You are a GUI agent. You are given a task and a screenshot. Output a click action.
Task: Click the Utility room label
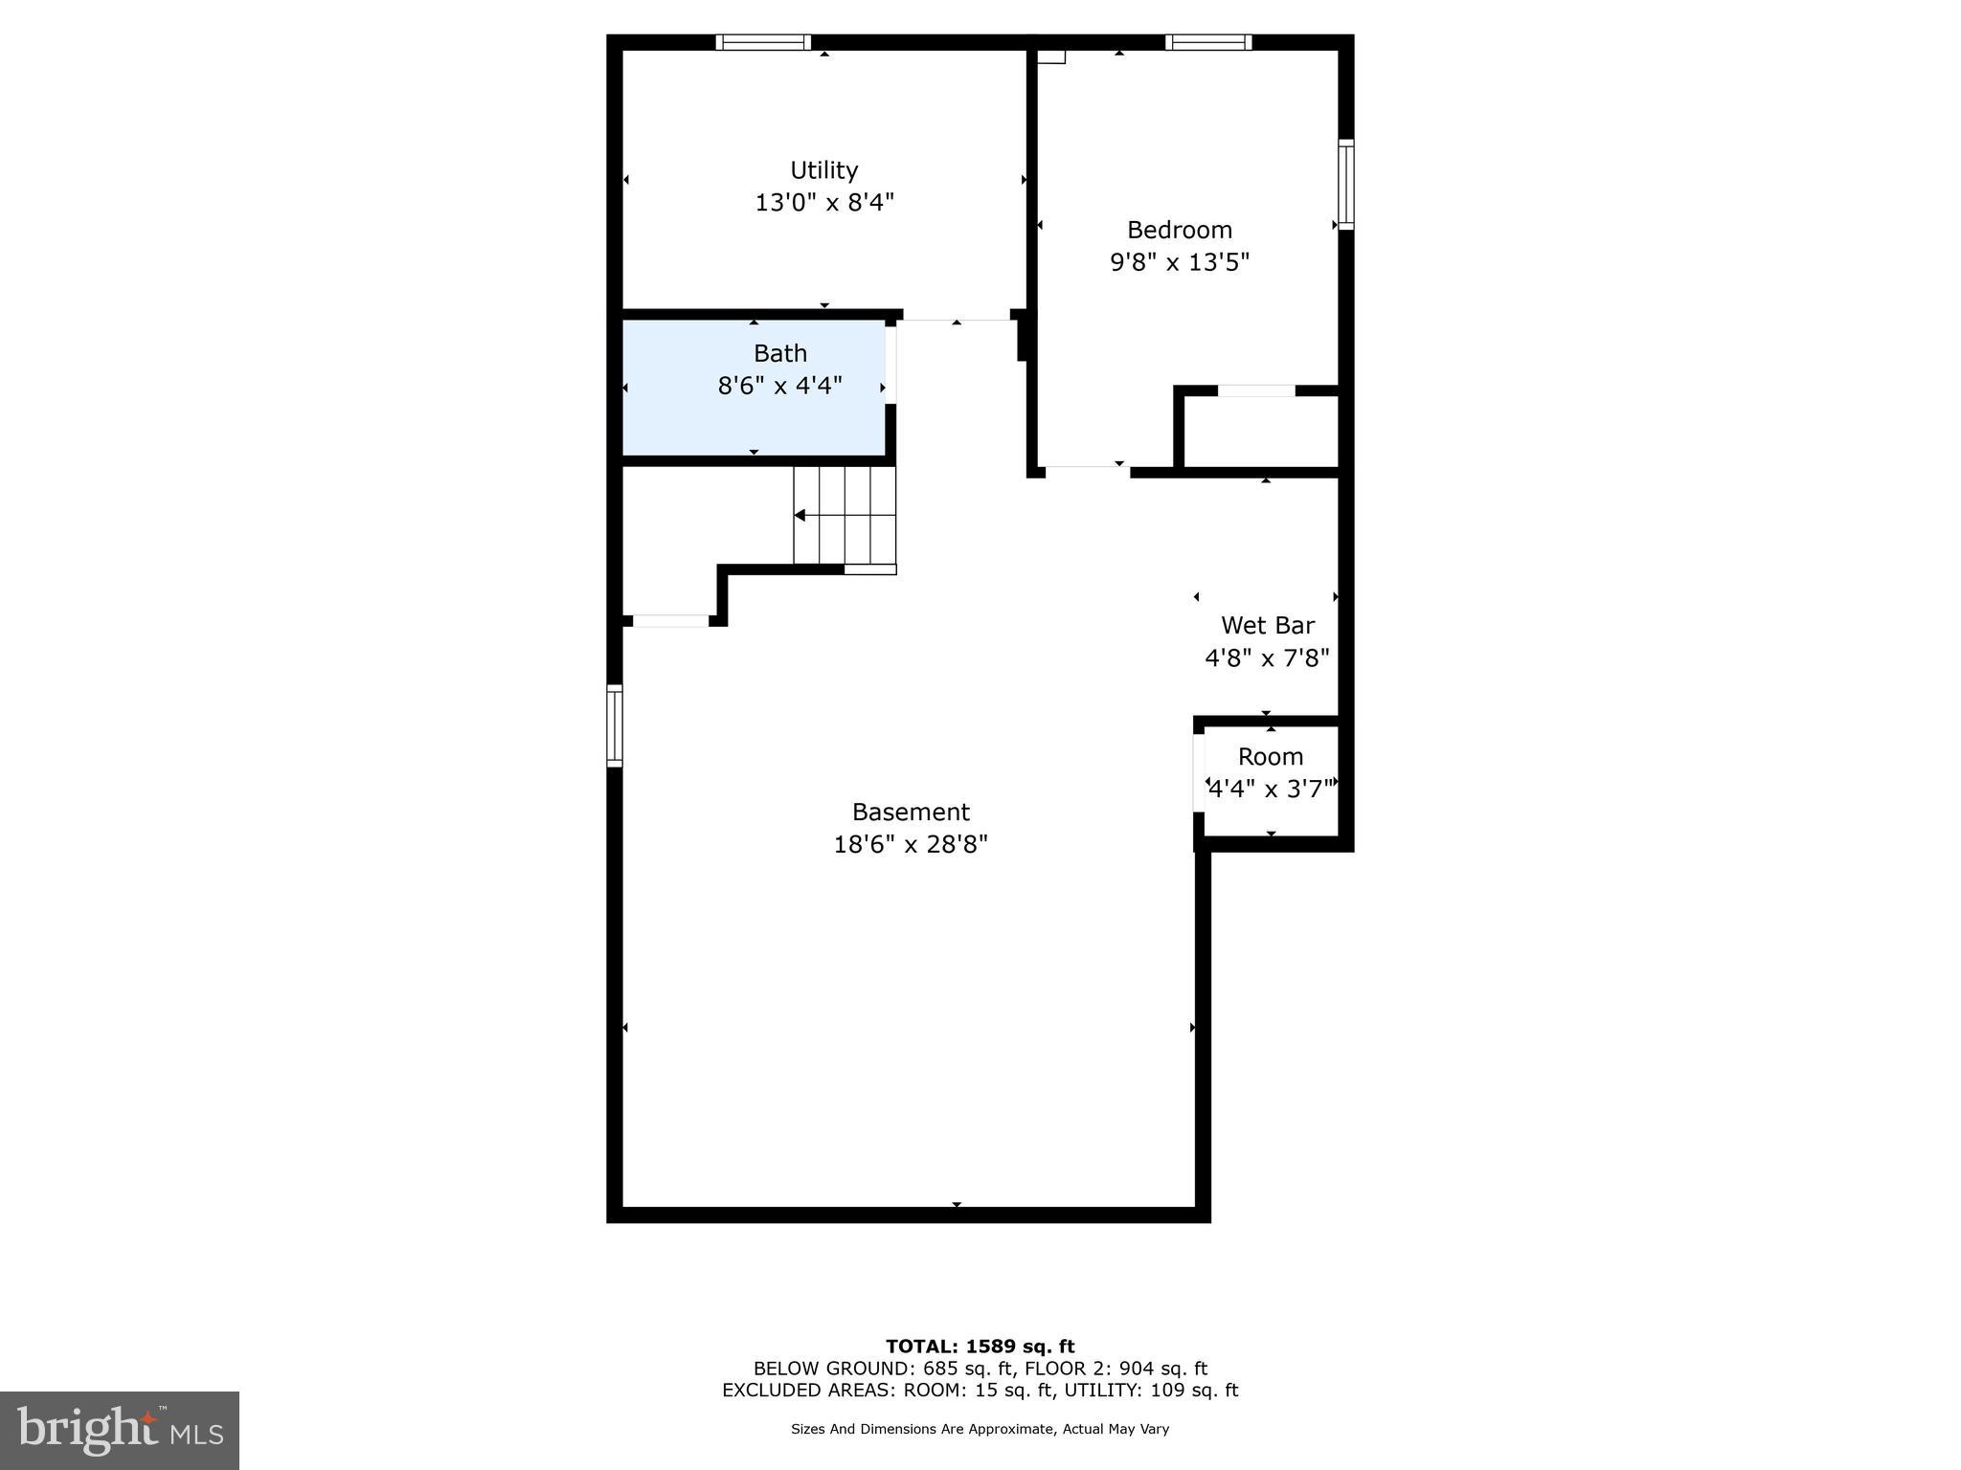[823, 170]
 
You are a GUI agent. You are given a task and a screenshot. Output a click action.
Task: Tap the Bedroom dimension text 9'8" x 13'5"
[1179, 262]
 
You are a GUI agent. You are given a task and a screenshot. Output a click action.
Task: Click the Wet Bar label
[1267, 626]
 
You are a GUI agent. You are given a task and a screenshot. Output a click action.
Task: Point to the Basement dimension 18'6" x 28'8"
[910, 845]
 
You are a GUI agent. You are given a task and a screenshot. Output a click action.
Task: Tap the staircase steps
[845, 516]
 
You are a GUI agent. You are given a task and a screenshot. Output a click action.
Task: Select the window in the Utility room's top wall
[763, 42]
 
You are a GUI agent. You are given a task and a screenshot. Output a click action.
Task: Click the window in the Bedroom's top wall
[1208, 42]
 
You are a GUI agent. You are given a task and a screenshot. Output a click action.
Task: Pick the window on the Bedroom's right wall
[1345, 185]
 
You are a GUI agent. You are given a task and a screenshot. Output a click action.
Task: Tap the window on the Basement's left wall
[615, 725]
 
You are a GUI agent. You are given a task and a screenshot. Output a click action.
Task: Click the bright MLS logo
[120, 1431]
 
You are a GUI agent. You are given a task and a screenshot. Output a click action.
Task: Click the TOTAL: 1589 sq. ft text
[980, 1347]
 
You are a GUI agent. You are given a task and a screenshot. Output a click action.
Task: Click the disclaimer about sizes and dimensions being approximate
[980, 1429]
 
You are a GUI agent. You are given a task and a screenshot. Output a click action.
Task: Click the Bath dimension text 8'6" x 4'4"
[779, 386]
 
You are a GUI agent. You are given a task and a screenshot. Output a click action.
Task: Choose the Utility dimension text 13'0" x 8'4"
[823, 203]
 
